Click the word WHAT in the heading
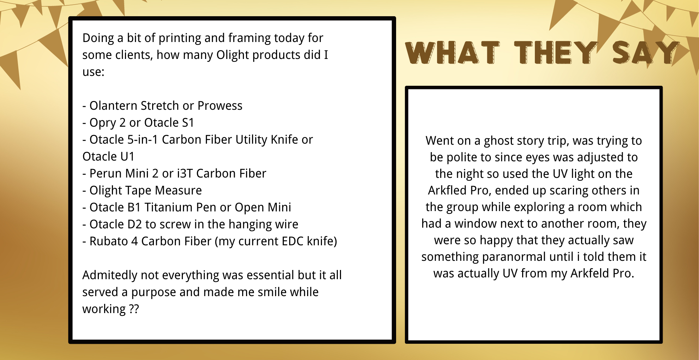(x=453, y=53)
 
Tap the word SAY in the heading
(x=646, y=53)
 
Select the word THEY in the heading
(x=556, y=53)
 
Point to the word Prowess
(x=220, y=106)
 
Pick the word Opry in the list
(x=103, y=123)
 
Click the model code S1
(x=188, y=122)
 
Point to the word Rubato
(x=109, y=241)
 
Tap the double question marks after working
(x=134, y=309)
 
